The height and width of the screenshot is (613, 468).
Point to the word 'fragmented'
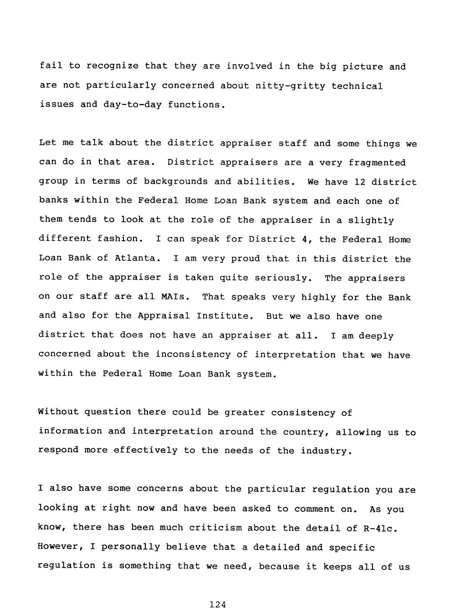(x=377, y=163)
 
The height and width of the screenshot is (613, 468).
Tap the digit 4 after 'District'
(x=304, y=239)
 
